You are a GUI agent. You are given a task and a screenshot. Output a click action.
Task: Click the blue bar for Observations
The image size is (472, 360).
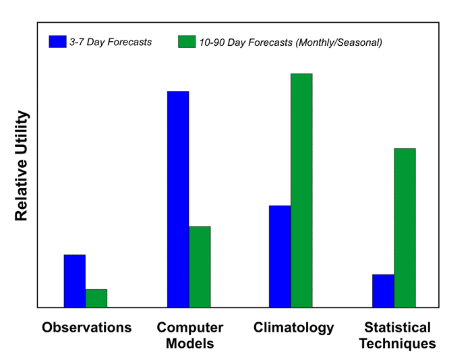(x=75, y=281)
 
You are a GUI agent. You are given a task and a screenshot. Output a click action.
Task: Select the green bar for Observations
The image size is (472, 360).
(x=96, y=299)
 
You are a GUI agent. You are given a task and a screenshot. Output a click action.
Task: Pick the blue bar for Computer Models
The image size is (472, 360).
(x=178, y=199)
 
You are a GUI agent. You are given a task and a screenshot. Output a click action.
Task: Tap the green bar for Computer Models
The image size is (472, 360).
(x=200, y=267)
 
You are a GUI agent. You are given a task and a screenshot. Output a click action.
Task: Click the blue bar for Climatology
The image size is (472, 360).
(x=280, y=256)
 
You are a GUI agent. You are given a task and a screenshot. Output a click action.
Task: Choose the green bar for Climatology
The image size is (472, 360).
(x=301, y=190)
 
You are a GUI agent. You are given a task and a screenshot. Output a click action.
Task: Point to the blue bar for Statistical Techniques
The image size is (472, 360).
(x=383, y=291)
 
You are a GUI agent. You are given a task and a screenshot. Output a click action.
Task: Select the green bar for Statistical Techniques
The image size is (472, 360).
(x=405, y=228)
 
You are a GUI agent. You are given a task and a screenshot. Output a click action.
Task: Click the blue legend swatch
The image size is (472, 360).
(x=57, y=42)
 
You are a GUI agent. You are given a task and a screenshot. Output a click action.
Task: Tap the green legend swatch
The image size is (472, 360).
(x=186, y=42)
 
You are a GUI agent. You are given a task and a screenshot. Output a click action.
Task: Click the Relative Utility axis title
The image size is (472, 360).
(x=22, y=166)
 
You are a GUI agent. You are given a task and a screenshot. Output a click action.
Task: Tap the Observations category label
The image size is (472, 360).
(x=86, y=328)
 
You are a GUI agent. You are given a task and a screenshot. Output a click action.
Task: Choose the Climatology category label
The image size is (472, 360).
(x=294, y=328)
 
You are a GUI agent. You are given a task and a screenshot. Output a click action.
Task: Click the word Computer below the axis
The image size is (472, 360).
(x=190, y=328)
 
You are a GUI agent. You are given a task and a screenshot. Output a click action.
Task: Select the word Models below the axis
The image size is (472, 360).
(x=190, y=344)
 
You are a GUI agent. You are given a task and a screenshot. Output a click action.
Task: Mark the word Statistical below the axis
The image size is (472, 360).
(x=397, y=328)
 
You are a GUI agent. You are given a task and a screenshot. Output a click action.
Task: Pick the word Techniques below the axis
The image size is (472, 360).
(x=397, y=344)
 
